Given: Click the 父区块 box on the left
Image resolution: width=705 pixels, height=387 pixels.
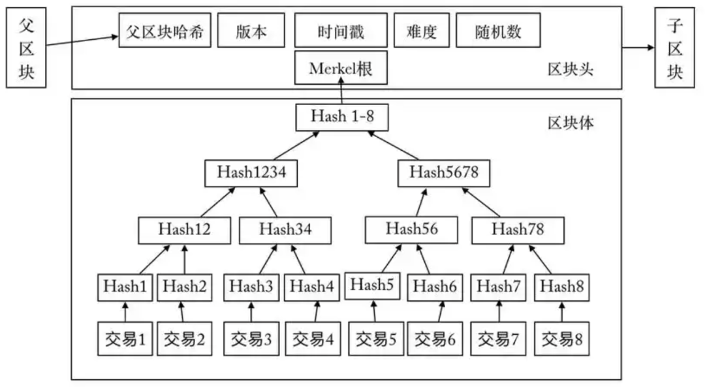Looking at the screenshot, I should click(25, 52).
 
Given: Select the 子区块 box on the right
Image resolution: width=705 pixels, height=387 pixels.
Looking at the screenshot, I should click(674, 52).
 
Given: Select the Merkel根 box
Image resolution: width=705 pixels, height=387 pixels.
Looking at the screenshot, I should click(341, 69).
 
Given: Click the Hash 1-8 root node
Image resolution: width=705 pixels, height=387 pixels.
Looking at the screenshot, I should click(341, 117).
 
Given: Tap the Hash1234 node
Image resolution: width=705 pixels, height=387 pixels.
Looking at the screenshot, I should click(251, 172).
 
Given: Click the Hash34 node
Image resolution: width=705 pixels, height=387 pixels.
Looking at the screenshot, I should click(285, 229).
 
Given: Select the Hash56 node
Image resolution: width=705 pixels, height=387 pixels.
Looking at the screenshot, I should click(411, 229).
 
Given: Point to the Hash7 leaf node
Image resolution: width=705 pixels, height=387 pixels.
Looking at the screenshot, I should click(499, 286).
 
